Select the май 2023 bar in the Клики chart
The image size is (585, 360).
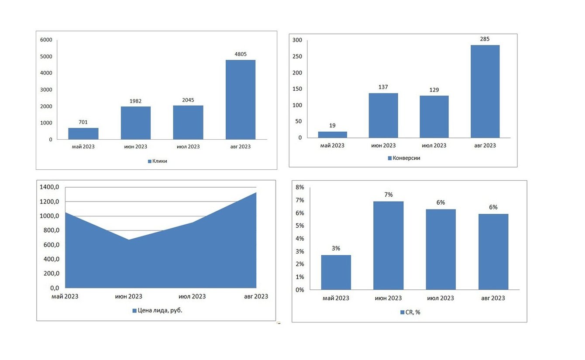[x=83, y=134]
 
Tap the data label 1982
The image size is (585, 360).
[x=135, y=101]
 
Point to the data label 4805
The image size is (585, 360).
[x=240, y=55]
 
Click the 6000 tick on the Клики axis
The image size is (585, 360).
[x=46, y=40]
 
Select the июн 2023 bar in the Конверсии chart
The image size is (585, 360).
[x=383, y=116]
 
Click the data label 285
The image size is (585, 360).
[x=485, y=39]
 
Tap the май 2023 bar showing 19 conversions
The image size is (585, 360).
[x=332, y=134]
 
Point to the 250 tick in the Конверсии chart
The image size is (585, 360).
[x=297, y=57]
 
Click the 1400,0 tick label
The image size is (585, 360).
[x=49, y=187]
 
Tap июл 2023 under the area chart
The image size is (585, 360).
[x=193, y=296]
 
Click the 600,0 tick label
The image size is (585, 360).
[x=51, y=245]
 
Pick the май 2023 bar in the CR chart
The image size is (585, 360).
[x=336, y=272]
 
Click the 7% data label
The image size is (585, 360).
[x=388, y=195]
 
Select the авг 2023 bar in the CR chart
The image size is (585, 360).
[x=493, y=252]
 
